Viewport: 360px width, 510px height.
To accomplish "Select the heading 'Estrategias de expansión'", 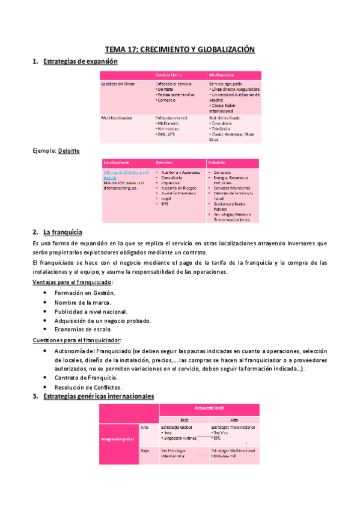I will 81,62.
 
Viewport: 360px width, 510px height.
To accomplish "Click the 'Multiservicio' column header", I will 221,74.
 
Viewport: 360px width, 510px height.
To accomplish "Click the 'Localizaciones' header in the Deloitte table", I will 117,163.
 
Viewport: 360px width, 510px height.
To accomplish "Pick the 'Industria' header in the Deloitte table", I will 216,163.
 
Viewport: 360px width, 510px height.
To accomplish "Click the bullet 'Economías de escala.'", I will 83,329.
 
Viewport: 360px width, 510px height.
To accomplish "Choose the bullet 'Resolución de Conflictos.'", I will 88,387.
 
